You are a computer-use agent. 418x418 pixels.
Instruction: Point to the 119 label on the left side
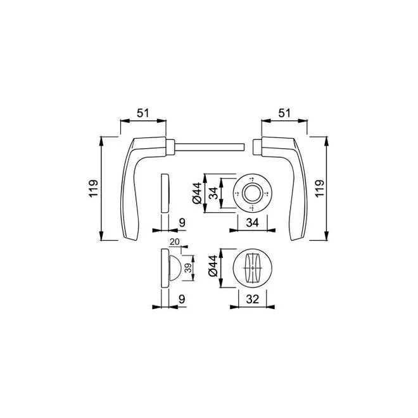click(93, 189)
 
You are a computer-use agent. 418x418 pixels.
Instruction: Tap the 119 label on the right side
click(319, 189)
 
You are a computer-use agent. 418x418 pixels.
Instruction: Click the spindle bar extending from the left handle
click(209, 147)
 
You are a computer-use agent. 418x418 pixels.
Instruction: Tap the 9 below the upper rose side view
click(182, 222)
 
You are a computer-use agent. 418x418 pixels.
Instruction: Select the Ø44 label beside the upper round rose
click(198, 193)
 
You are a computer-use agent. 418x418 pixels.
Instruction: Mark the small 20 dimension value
click(174, 243)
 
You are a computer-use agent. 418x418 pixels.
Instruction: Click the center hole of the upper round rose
click(251, 193)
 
